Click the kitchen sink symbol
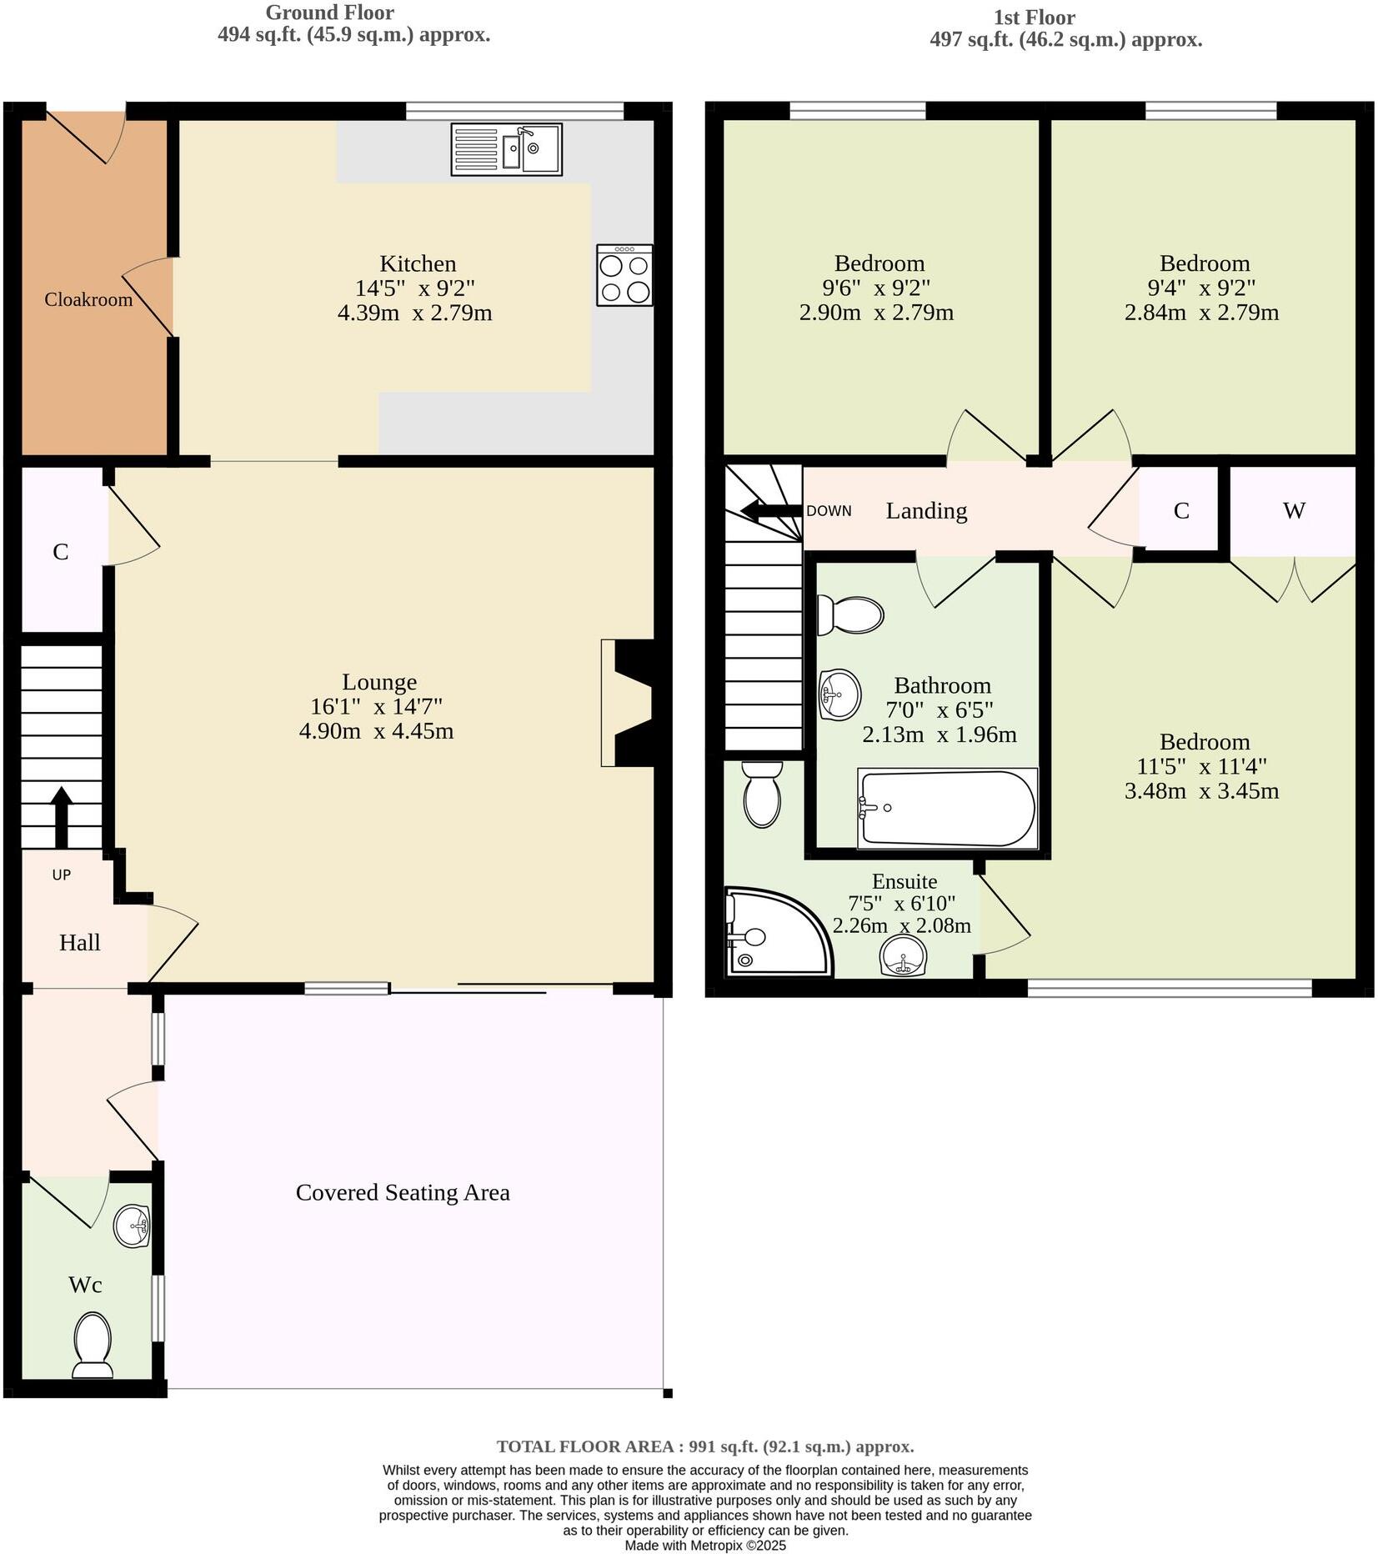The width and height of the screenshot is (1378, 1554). pos(506,149)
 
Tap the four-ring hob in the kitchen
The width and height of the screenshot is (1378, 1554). pos(624,275)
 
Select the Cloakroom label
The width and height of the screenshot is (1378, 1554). pos(88,299)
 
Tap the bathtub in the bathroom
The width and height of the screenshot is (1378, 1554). pos(947,808)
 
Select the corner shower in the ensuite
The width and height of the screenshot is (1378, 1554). pos(775,932)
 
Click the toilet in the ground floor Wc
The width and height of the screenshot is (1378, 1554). pos(93,1345)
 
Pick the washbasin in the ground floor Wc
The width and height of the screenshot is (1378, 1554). pos(132,1226)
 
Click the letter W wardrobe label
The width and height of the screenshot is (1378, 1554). pos(1293,510)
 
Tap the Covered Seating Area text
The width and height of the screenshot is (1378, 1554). pos(403,1192)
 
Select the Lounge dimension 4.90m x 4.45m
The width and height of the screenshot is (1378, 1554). pos(376,731)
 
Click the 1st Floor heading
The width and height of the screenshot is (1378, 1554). pos(1034,17)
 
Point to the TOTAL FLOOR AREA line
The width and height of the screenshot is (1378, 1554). pos(705,1446)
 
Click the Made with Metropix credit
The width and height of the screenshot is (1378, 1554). pos(705,1545)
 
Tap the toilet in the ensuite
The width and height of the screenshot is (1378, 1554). pos(761,795)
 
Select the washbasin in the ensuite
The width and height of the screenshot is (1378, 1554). pos(903,955)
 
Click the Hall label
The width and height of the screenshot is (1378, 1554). pos(79,942)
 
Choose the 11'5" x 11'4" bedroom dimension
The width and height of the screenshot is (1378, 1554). pos(1201,766)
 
